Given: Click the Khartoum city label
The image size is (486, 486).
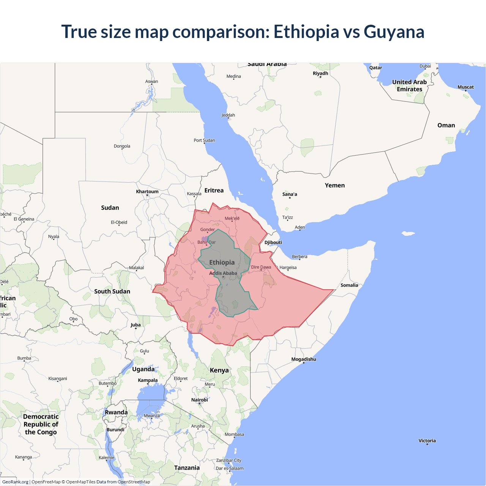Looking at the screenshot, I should pyautogui.click(x=147, y=191).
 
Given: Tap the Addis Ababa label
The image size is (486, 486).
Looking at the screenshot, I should pyautogui.click(x=223, y=273).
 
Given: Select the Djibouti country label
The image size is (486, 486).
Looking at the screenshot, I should pyautogui.click(x=273, y=242).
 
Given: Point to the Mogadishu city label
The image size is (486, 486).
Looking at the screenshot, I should pyautogui.click(x=303, y=359).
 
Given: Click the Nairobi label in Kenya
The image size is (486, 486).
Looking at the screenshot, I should pyautogui.click(x=199, y=400).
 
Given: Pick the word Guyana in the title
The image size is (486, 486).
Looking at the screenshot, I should pyautogui.click(x=394, y=32).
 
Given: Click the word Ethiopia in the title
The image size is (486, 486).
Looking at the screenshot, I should pyautogui.click(x=306, y=32).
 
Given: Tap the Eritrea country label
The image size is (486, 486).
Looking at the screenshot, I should pyautogui.click(x=214, y=190).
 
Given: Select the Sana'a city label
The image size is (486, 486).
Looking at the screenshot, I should pyautogui.click(x=290, y=194).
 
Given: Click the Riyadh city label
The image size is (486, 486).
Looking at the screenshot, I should pyautogui.click(x=320, y=73).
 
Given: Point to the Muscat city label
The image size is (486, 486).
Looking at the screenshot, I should pyautogui.click(x=465, y=87).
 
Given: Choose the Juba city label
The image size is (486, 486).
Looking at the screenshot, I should pyautogui.click(x=136, y=325).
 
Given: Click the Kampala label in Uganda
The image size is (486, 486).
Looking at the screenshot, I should pyautogui.click(x=148, y=380).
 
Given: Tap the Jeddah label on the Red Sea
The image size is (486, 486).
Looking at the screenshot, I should pyautogui.click(x=228, y=115).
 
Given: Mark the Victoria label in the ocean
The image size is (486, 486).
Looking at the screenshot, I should pyautogui.click(x=427, y=440).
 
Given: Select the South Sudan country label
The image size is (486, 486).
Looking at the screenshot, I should pyautogui.click(x=112, y=291).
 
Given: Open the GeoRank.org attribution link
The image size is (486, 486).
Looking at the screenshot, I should pyautogui.click(x=15, y=482).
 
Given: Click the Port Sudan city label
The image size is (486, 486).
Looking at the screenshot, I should pyautogui.click(x=204, y=140).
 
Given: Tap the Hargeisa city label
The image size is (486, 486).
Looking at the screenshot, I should pyautogui.click(x=288, y=267).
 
